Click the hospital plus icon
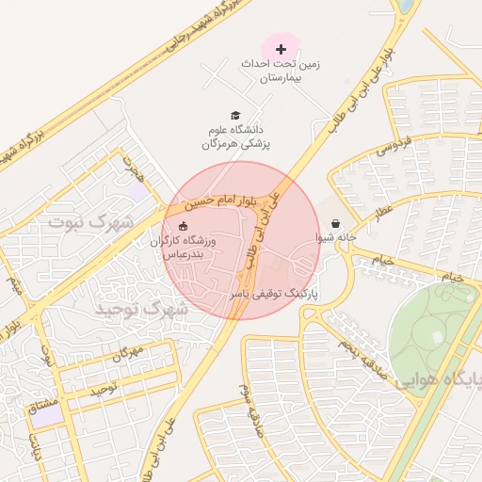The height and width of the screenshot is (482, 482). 280,48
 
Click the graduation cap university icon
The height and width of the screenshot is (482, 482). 234,115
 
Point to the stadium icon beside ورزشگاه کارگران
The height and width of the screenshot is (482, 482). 183,226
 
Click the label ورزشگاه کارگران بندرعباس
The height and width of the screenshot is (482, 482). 184,249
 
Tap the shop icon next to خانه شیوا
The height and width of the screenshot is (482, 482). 336,224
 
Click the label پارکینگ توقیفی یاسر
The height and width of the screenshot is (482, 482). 275,295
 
